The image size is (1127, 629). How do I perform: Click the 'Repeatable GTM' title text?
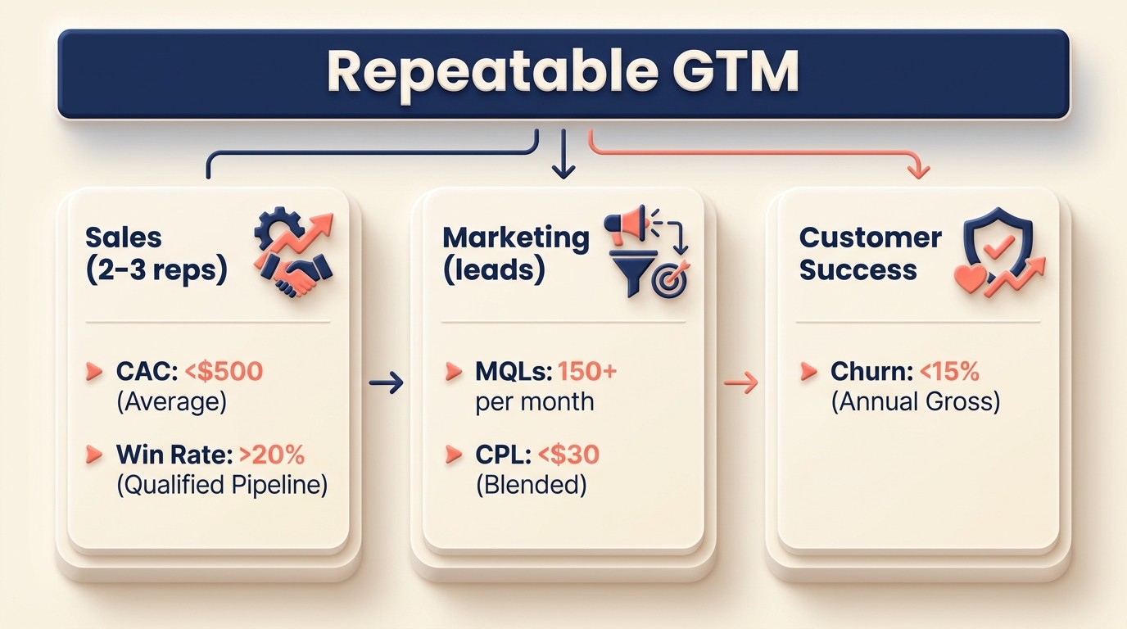pyautogui.click(x=563, y=72)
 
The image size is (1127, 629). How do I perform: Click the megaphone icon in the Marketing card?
pyautogui.click(x=625, y=222)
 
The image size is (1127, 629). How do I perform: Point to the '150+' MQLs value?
pyautogui.click(x=586, y=371)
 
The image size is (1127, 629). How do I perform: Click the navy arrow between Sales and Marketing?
pyautogui.click(x=387, y=382)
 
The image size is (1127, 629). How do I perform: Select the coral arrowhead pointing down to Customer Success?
pyautogui.click(x=920, y=170)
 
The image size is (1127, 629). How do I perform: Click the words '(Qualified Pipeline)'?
pyautogui.click(x=221, y=485)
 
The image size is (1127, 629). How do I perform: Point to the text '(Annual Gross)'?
pyautogui.click(x=915, y=402)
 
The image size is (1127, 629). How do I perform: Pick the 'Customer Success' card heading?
pyautogui.click(x=870, y=253)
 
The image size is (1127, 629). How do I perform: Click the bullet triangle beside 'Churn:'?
pyautogui.click(x=808, y=372)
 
